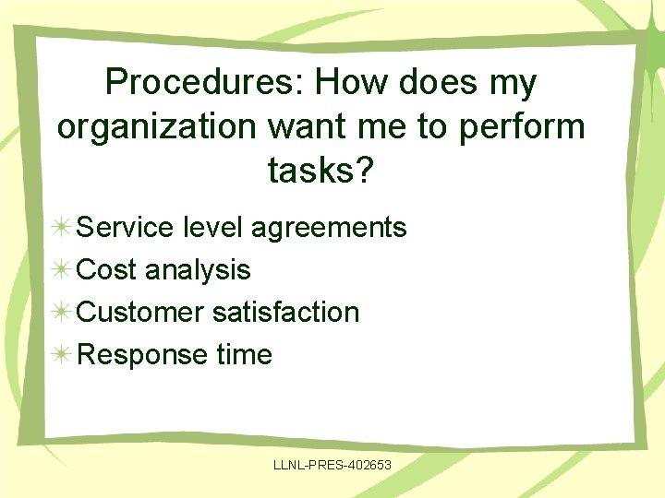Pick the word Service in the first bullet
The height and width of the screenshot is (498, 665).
click(x=130, y=227)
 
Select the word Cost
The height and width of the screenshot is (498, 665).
click(x=107, y=269)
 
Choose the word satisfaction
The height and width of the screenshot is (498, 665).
click(x=285, y=312)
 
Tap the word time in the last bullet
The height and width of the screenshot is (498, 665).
click(x=243, y=354)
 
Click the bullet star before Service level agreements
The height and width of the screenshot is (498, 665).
click(x=62, y=228)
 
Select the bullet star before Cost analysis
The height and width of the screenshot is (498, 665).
click(x=62, y=270)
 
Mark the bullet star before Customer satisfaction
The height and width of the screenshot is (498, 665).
click(x=62, y=313)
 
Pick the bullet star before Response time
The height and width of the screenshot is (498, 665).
click(x=62, y=355)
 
